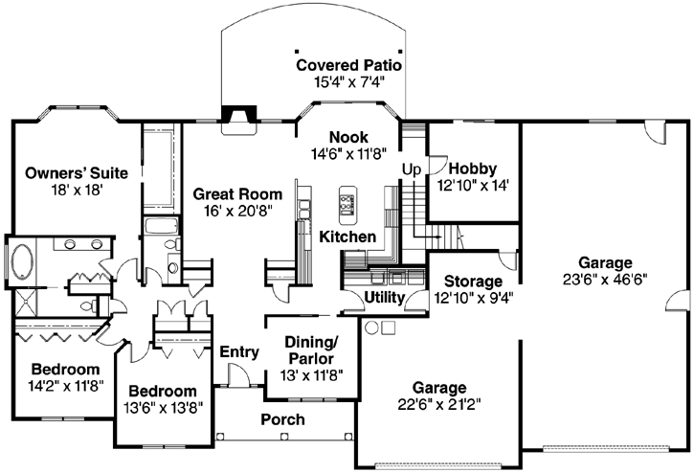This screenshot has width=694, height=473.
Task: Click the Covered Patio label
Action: (347, 65)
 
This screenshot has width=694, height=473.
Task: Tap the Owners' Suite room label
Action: (64, 173)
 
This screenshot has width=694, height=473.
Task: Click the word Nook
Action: (347, 136)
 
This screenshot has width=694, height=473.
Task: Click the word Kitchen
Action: (347, 236)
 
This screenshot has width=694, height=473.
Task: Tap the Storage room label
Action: (474, 282)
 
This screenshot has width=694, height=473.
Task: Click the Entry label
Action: (239, 352)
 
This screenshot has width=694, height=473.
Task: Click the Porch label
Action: (283, 419)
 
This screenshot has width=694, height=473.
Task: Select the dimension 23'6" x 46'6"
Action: (605, 281)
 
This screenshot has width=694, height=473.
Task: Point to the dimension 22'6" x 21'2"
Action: (439, 405)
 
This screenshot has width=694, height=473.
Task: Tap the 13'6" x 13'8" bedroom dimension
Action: (163, 409)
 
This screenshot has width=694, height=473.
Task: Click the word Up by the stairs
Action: (411, 169)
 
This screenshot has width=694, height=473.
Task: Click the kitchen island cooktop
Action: (347, 204)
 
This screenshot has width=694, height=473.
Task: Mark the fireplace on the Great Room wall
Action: (235, 116)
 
